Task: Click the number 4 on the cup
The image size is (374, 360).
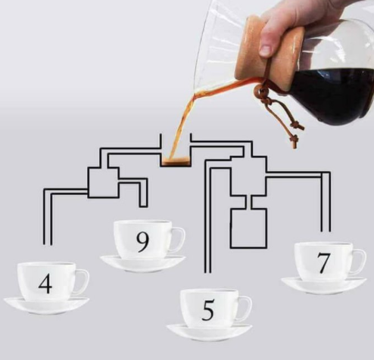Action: [x=45, y=284]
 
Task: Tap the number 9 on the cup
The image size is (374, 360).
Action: [x=142, y=241]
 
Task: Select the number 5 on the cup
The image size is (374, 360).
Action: [x=208, y=310]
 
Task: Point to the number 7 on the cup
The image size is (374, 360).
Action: [x=323, y=263]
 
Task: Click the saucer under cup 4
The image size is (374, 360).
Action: [x=46, y=305]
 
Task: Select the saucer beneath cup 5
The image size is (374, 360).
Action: [x=209, y=332]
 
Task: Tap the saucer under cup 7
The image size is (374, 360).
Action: [x=324, y=285]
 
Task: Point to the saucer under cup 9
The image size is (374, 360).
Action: [x=143, y=263]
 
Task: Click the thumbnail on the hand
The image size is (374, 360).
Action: [x=266, y=50]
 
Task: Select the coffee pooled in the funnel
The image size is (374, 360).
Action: [x=175, y=160]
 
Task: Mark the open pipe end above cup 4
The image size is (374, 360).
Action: [x=48, y=244]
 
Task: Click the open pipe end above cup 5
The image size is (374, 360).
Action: [x=207, y=272]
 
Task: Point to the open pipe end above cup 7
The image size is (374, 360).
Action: [x=326, y=231]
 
